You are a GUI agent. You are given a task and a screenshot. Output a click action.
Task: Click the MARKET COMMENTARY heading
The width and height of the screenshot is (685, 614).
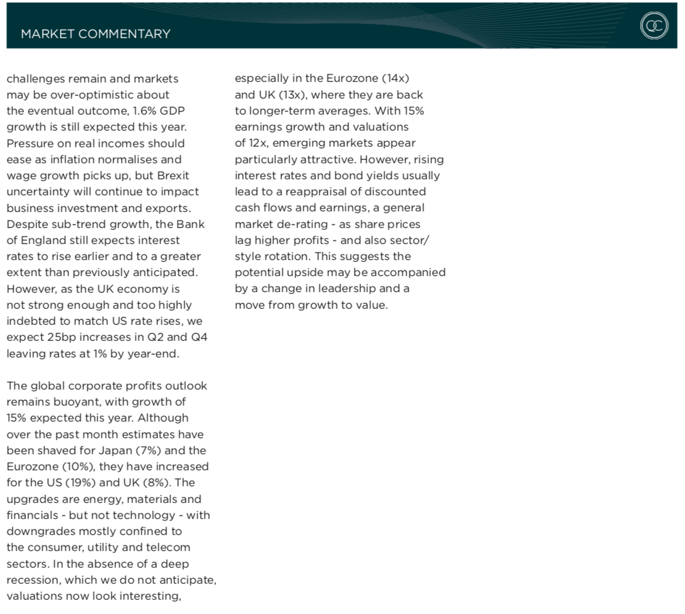[96, 34]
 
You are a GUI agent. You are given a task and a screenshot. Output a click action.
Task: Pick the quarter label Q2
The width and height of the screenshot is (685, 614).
[157, 337]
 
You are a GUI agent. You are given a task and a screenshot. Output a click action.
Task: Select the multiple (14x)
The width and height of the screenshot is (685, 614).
[395, 79]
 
